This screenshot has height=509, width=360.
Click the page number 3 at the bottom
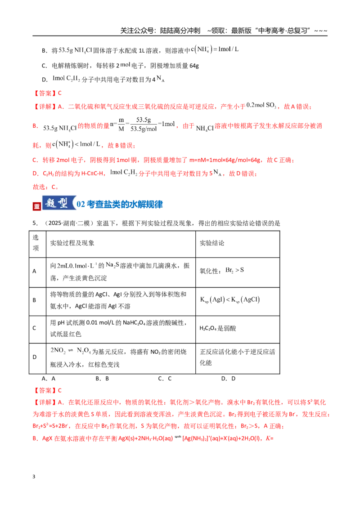tap(34, 476)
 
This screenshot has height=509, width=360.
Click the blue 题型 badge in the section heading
tap(58, 203)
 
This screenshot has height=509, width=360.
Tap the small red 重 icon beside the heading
tap(37, 206)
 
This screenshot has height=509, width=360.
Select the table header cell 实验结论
tap(212, 243)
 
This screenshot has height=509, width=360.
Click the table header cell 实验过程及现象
tap(72, 243)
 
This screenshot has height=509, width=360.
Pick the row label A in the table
tap(34, 271)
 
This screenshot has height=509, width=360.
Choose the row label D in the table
tap(35, 357)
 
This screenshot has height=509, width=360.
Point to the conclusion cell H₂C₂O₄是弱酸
tap(218, 328)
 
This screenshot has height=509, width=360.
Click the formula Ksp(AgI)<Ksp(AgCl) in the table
tap(229, 299)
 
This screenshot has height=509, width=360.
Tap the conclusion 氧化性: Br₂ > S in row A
tap(221, 270)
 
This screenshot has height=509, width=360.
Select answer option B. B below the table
tap(102, 379)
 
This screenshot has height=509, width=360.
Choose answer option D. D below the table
tap(229, 379)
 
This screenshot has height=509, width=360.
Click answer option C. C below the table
tap(165, 379)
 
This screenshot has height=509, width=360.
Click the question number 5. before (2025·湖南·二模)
tap(35, 223)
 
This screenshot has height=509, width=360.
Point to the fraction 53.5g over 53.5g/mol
tap(144, 125)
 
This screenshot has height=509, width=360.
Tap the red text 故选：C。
tap(45, 187)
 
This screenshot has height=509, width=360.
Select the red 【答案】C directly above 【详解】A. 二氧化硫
tap(47, 93)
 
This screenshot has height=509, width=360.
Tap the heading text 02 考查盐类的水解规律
tap(120, 204)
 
